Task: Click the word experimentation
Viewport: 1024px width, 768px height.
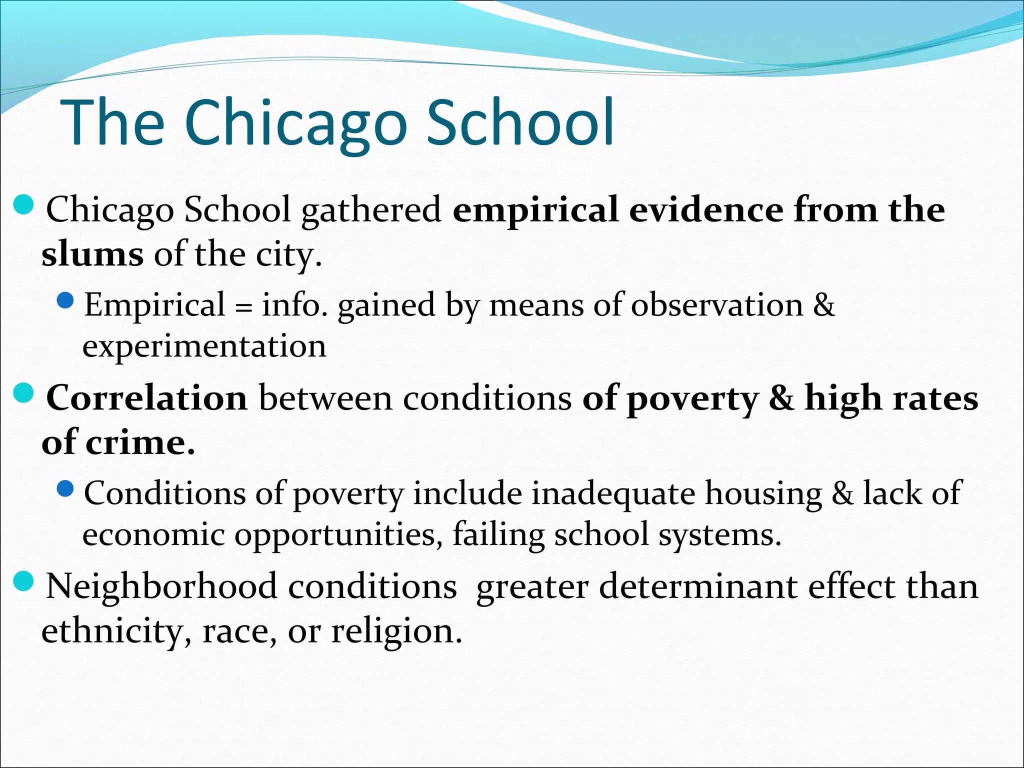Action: click(x=204, y=346)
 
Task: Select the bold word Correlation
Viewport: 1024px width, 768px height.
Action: click(x=147, y=398)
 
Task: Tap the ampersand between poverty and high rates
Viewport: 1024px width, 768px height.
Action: click(x=781, y=398)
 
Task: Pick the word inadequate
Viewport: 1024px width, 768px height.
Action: click(x=613, y=493)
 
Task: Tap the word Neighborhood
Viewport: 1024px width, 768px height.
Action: click(x=161, y=586)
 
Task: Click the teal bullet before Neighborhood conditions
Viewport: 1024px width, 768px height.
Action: click(x=23, y=581)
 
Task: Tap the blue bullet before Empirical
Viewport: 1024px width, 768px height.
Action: click(x=65, y=300)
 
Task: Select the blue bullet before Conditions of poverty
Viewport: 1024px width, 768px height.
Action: click(x=65, y=489)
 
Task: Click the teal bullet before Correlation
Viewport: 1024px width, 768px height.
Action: click(x=23, y=393)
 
